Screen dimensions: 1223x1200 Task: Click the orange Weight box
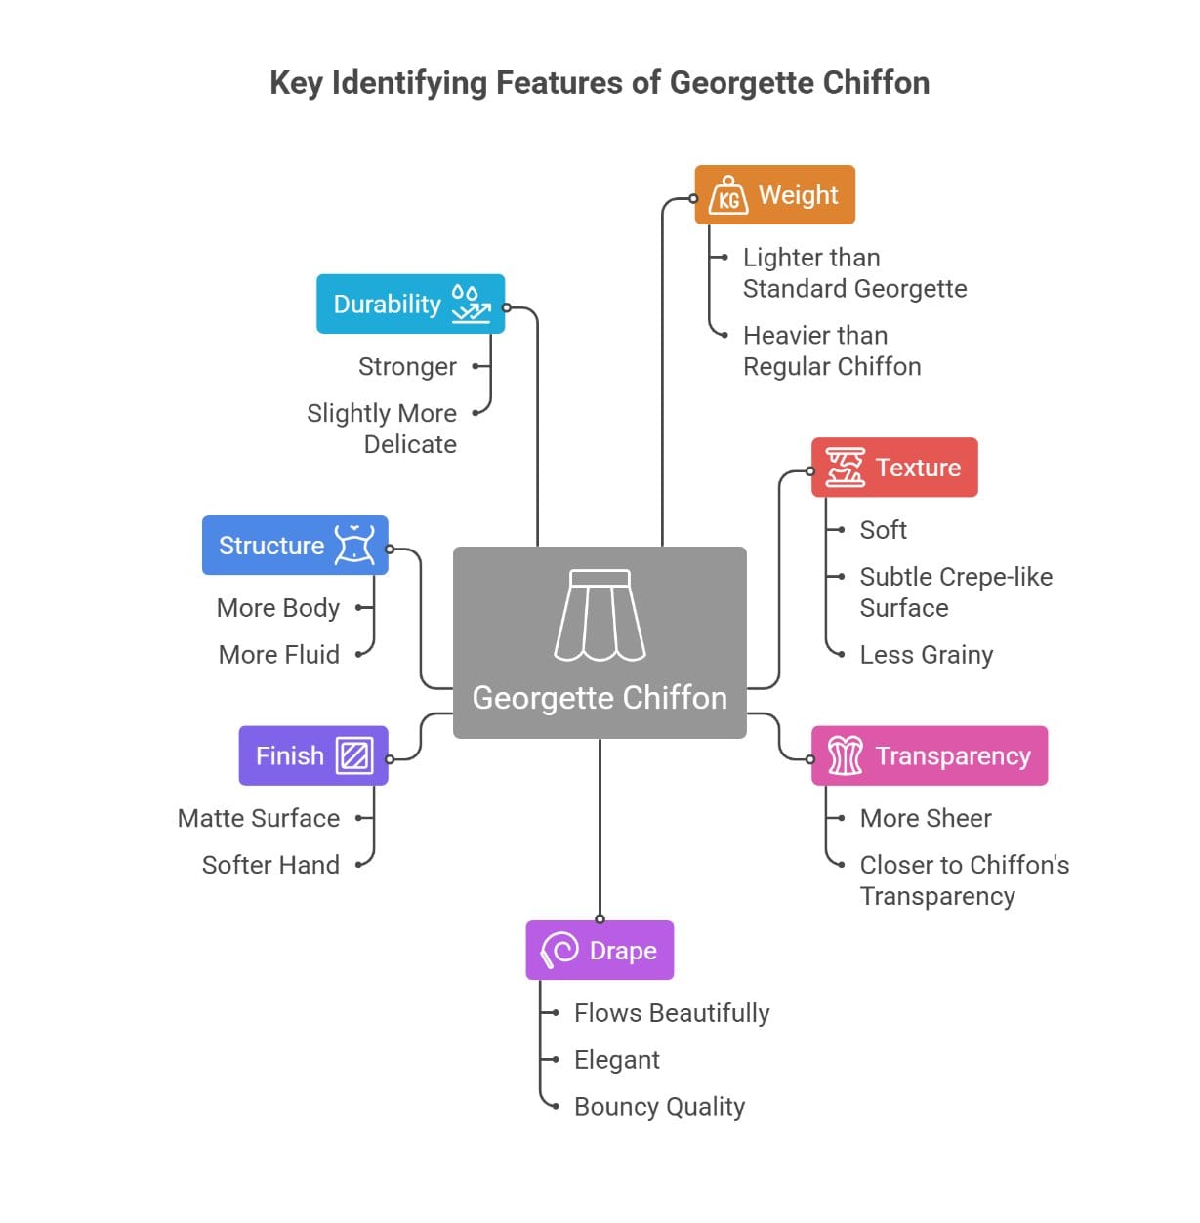(774, 195)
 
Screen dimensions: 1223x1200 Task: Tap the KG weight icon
(728, 195)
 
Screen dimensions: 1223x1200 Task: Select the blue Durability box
(410, 304)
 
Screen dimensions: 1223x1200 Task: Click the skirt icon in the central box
(600, 615)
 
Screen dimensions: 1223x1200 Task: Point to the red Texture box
(894, 468)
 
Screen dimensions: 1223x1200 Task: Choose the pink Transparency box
(930, 755)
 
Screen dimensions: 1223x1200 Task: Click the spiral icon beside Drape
(559, 950)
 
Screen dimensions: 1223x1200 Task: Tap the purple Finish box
(313, 755)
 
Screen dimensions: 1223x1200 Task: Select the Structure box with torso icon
(295, 545)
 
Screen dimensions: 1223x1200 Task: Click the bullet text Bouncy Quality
(659, 1106)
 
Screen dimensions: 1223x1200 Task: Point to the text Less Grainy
(926, 654)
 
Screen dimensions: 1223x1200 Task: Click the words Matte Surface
(259, 818)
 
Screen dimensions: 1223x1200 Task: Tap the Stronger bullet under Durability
(407, 366)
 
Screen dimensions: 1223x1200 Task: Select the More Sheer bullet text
(925, 818)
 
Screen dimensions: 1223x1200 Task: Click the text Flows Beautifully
(672, 1012)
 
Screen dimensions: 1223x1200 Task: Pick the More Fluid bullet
(279, 654)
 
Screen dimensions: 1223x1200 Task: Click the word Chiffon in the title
(876, 83)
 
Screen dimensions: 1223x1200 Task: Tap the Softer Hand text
(270, 865)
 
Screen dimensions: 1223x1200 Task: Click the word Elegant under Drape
(616, 1059)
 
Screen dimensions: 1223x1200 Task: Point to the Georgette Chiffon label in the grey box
(600, 698)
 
